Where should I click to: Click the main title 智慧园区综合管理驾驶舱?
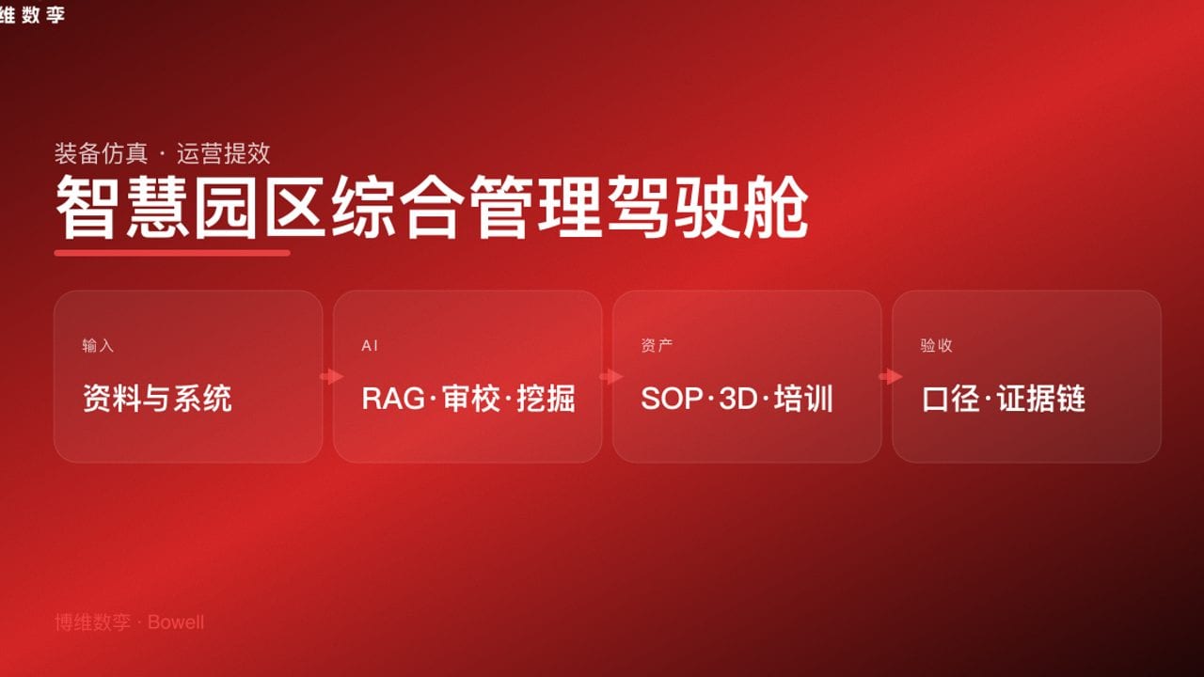pyautogui.click(x=432, y=206)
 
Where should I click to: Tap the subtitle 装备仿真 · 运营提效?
pyautogui.click(x=162, y=153)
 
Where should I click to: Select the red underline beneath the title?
pyautogui.click(x=172, y=252)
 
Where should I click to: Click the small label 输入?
pyautogui.click(x=98, y=346)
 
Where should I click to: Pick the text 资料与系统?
pyautogui.click(x=157, y=399)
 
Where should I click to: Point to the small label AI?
pyautogui.click(x=370, y=346)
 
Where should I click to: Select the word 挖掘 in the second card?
pyautogui.click(x=547, y=399)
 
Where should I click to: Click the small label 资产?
pyautogui.click(x=657, y=346)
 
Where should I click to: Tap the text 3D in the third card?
pyautogui.click(x=738, y=399)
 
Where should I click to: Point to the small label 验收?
pyautogui.click(x=936, y=346)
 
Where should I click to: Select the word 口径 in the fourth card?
pyautogui.click(x=951, y=399)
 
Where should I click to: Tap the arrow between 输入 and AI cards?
pyautogui.click(x=331, y=376)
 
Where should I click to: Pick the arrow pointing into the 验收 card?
pyautogui.click(x=890, y=376)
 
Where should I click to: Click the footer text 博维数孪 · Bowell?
pyautogui.click(x=129, y=622)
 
